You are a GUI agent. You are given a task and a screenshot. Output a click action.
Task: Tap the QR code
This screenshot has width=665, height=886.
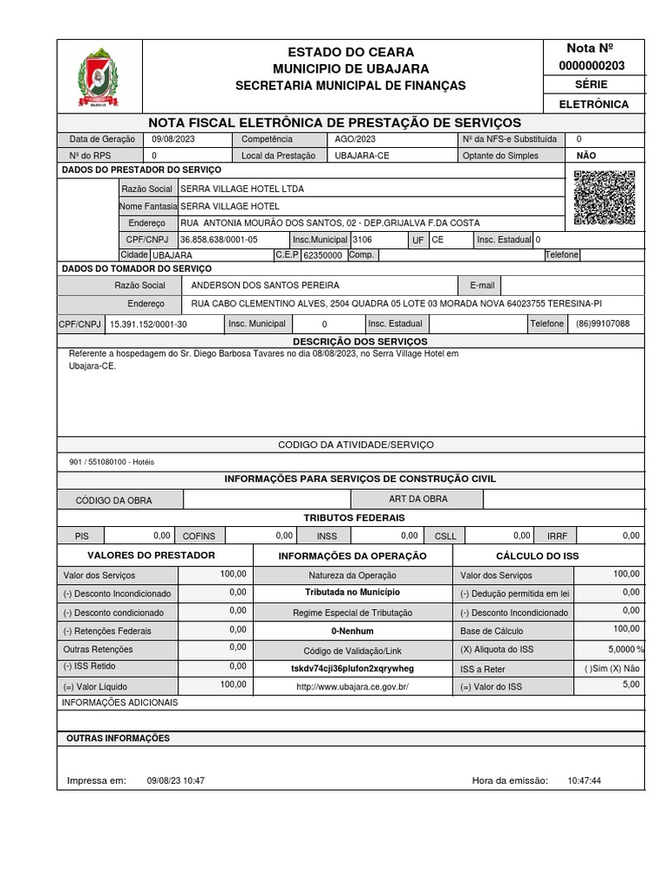point(604,197)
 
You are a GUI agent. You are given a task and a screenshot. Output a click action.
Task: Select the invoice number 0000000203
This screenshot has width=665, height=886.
point(593,66)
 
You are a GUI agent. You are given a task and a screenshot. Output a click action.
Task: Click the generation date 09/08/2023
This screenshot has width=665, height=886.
point(173,139)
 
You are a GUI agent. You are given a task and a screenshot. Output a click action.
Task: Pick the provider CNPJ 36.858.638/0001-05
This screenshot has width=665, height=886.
point(219,240)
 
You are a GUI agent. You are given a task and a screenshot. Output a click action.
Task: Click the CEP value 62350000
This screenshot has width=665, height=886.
point(323,256)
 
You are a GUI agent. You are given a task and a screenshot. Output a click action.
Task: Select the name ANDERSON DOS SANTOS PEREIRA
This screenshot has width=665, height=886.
point(265,285)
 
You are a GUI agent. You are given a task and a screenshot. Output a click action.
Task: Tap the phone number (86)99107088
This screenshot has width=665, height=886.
point(603,324)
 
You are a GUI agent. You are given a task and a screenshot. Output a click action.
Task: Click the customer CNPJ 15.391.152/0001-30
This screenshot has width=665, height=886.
point(149,324)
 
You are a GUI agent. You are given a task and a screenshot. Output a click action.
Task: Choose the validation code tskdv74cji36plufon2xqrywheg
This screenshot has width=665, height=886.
point(352,669)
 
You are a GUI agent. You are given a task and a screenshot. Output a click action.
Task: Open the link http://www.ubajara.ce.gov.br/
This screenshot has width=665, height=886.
point(352,686)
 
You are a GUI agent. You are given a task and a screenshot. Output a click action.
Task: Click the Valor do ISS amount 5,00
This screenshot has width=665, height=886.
point(630,684)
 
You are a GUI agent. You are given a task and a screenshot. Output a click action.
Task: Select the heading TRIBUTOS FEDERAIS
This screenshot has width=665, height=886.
point(354,517)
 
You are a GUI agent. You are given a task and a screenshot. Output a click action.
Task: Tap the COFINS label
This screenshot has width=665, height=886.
point(199,536)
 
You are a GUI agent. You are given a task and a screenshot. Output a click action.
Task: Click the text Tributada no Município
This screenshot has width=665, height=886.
point(352,593)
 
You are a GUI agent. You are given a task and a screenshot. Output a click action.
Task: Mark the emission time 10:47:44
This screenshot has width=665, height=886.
point(584,780)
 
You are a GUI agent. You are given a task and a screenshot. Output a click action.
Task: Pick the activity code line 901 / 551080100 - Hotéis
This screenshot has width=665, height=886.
point(112,462)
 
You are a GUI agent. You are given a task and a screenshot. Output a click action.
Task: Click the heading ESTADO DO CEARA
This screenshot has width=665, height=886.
point(351,52)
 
